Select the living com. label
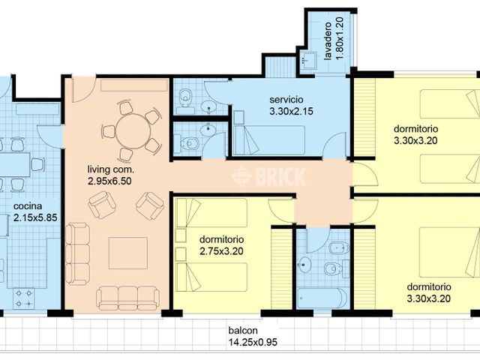[x=110, y=169]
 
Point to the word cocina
[x=27, y=206]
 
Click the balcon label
[x=244, y=330]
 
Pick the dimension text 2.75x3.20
[x=222, y=251]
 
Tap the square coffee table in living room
[x=127, y=253]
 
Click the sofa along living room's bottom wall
[x=127, y=297]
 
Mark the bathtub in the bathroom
[x=322, y=298]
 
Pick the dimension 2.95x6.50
[x=110, y=181]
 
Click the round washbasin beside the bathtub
[x=304, y=264]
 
